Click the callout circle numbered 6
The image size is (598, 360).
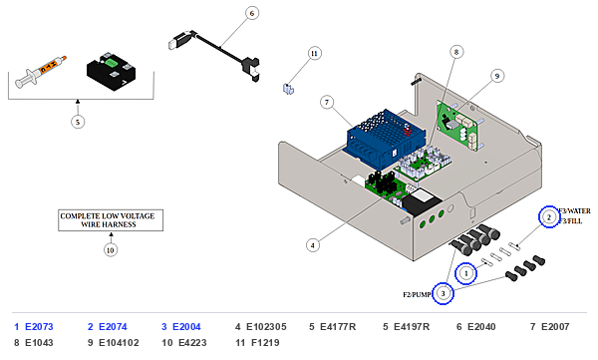tap(252, 13)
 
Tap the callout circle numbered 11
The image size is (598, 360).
tap(314, 54)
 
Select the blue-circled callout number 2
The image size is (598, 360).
tap(549, 217)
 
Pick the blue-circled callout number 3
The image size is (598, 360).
tap(443, 293)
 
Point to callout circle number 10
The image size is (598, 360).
tap(111, 250)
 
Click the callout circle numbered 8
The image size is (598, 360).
tap(456, 52)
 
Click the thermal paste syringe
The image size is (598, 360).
tap(40, 72)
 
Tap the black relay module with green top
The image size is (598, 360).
tap(111, 73)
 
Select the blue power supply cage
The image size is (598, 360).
tap(385, 138)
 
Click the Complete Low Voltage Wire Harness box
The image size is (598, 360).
tap(111, 220)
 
